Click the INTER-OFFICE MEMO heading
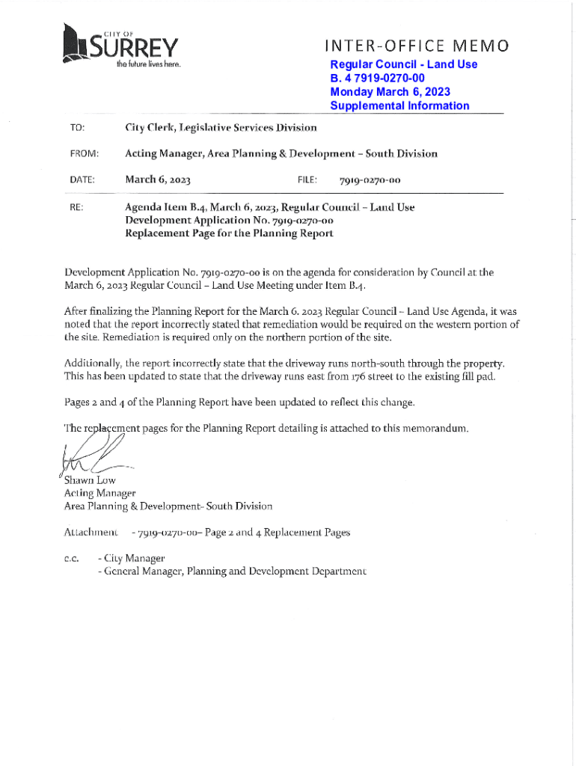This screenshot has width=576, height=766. pos(417,47)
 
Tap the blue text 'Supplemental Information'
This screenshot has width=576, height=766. pos(399,105)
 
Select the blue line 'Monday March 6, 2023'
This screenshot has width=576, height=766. pos(390,92)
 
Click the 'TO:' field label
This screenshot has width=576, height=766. pos(78,128)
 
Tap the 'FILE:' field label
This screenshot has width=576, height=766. pos(307,180)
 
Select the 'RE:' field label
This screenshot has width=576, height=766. pos(76,206)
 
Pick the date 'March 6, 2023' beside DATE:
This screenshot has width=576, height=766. pos(159,180)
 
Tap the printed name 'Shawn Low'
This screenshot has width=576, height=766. pos(90,480)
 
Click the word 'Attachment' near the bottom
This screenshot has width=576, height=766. pos(91,533)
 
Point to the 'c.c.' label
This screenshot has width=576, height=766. pos(73,558)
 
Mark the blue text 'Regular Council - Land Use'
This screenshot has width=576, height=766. pos(403,64)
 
